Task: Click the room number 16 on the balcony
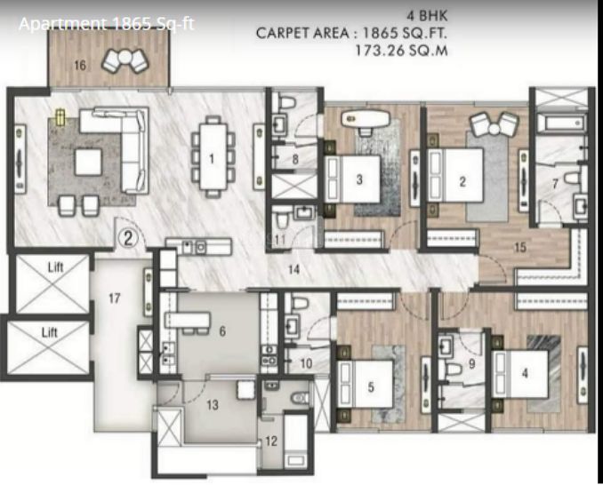(x=80, y=66)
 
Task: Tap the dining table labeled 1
(x=212, y=158)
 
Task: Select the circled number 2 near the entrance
(x=128, y=237)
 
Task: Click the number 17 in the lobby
(x=114, y=298)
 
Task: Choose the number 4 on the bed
(x=525, y=374)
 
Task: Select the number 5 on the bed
(x=371, y=387)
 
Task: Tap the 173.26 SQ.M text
(x=400, y=51)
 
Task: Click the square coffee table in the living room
(x=87, y=161)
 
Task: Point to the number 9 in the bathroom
(x=472, y=362)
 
